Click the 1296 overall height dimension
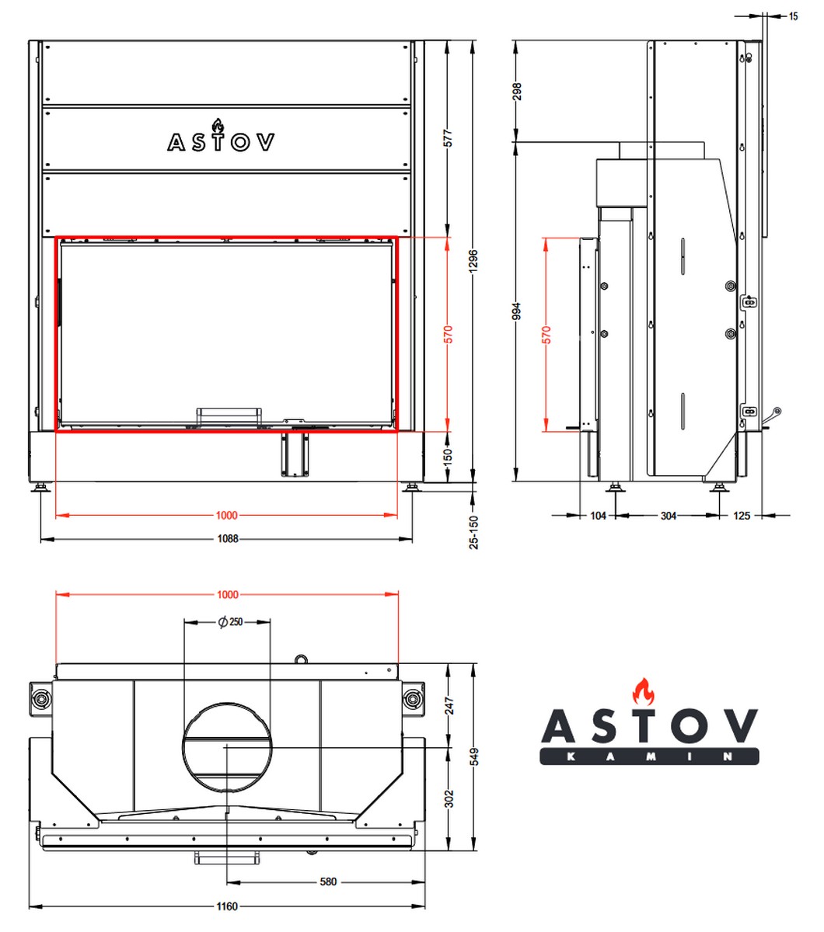coord(473,261)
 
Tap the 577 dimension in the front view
coord(448,138)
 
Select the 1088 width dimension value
coord(228,539)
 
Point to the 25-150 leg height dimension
coord(473,532)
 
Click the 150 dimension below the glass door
coord(448,457)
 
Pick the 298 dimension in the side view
coord(517,92)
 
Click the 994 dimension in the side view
coord(517,311)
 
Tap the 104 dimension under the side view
coord(598,516)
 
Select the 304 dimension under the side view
coord(669,516)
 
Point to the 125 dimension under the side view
coord(742,516)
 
